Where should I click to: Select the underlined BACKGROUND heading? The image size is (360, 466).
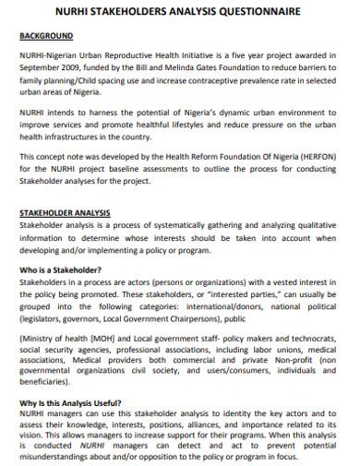(x=46, y=37)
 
